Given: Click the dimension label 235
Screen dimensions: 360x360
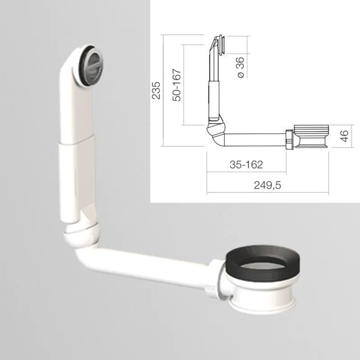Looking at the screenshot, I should click(x=156, y=92).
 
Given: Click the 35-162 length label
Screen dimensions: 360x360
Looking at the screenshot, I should click(x=246, y=165).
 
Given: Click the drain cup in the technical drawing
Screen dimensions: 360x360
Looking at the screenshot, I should click(x=310, y=136).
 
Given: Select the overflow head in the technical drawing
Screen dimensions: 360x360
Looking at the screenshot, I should click(x=219, y=45).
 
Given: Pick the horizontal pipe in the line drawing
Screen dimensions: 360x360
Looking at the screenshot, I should click(x=254, y=139).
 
